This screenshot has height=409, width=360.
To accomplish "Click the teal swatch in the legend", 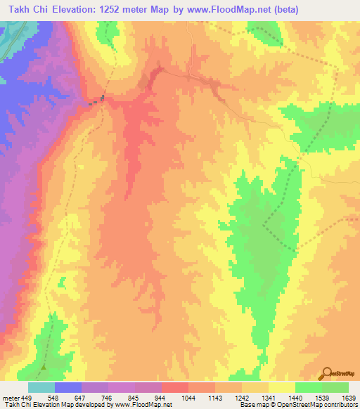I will [41, 387].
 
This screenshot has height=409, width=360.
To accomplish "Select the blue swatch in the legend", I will [68, 387].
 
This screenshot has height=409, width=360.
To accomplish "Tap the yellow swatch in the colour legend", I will [282, 387].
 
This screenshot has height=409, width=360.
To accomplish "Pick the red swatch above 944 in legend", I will [175, 387].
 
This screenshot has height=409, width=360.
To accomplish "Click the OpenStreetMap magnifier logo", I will [327, 373].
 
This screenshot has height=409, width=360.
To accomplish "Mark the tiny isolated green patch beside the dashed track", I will [61, 283].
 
